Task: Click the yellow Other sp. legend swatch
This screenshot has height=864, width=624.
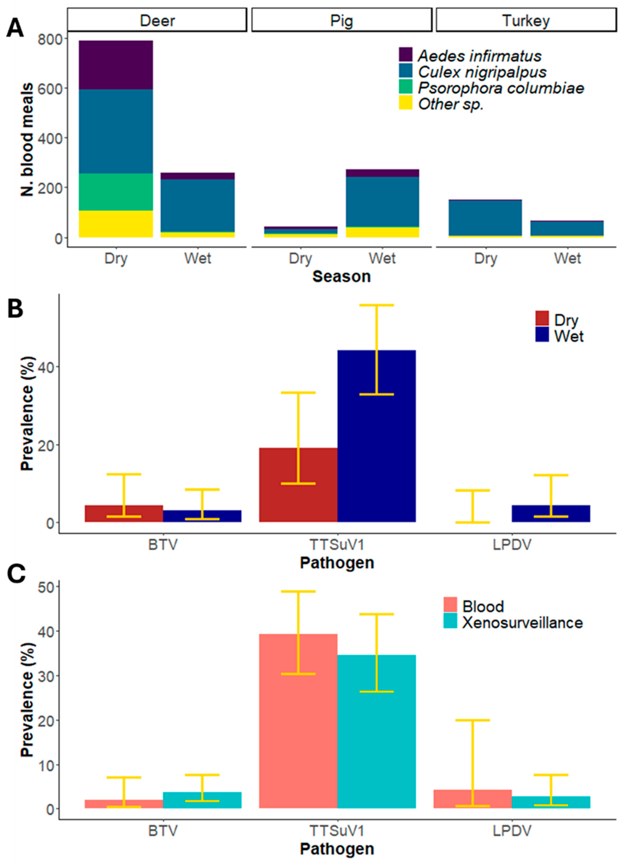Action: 405,103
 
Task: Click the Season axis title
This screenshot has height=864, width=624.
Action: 342,277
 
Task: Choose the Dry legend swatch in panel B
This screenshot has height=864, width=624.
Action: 542,318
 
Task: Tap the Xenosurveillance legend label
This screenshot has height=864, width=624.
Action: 522,622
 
